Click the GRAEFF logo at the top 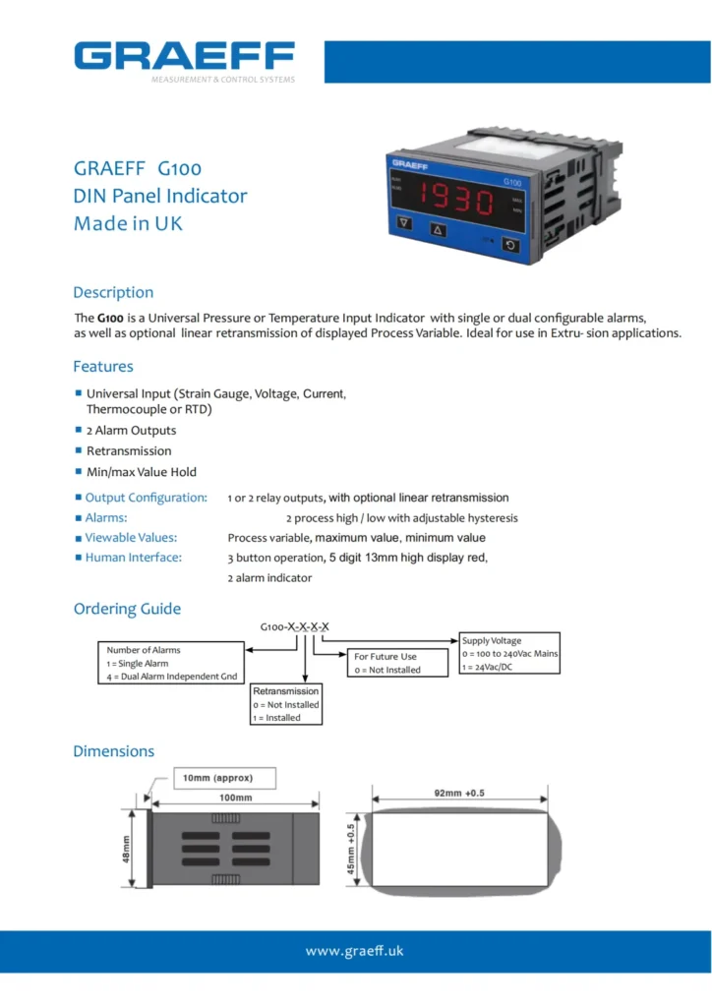(x=185, y=56)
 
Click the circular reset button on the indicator (x=510, y=245)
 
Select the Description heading (x=113, y=292)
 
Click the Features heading (x=103, y=367)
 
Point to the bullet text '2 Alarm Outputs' (x=131, y=431)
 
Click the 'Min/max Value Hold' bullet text (x=142, y=472)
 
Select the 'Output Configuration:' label (x=146, y=498)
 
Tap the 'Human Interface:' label (x=133, y=558)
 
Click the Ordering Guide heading (x=127, y=609)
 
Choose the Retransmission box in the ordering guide (x=286, y=704)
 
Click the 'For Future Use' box (x=386, y=663)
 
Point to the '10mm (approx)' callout (x=225, y=779)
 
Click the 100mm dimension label (x=235, y=798)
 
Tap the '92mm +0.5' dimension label (x=460, y=791)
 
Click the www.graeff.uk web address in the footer (x=355, y=951)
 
